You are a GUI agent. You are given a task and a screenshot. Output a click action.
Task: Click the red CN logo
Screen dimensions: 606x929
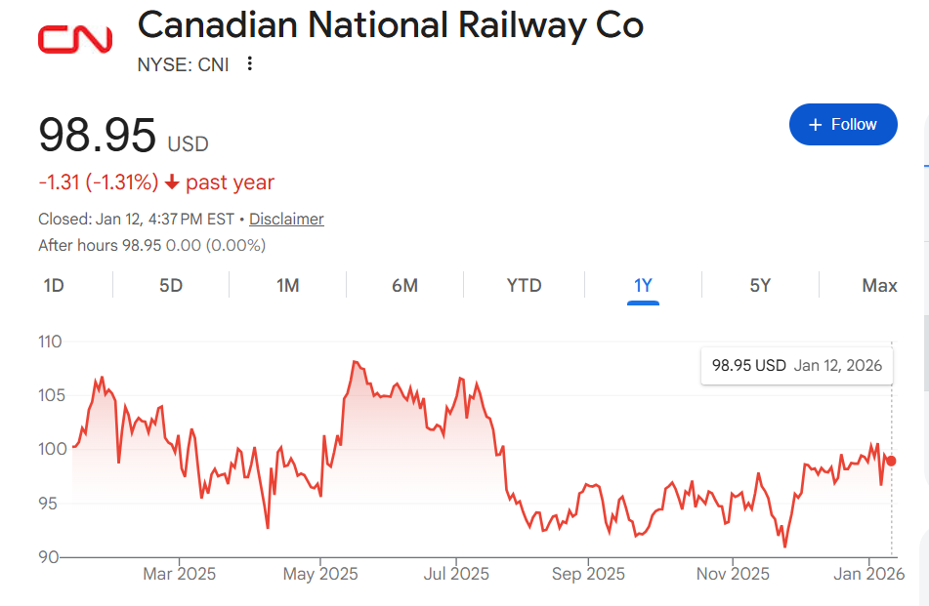click(x=75, y=39)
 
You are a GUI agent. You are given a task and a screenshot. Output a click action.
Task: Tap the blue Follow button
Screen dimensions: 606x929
click(x=843, y=124)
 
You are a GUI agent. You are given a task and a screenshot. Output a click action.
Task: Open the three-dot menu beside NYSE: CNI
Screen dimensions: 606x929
click(x=250, y=64)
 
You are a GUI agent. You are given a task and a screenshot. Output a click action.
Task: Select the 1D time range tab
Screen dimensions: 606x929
click(x=54, y=286)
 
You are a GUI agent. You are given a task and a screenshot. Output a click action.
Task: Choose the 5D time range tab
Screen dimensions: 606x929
click(x=171, y=286)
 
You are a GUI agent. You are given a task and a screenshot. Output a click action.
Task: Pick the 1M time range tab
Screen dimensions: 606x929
click(x=287, y=286)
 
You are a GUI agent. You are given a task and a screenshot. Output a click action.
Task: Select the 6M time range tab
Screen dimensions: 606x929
click(x=404, y=286)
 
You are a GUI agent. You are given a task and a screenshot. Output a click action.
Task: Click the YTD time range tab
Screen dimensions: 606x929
click(x=524, y=286)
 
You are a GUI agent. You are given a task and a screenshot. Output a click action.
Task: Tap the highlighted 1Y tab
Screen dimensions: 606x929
click(x=643, y=286)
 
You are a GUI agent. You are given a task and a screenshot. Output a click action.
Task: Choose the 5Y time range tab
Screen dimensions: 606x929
click(x=760, y=286)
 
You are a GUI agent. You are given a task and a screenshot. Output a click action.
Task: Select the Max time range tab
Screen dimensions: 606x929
click(x=879, y=286)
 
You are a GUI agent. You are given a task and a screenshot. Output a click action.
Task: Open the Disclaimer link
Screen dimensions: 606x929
click(x=286, y=220)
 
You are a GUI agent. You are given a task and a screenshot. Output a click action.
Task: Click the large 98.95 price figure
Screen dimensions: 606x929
click(x=98, y=135)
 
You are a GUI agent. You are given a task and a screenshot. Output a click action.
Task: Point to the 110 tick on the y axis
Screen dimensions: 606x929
click(x=50, y=342)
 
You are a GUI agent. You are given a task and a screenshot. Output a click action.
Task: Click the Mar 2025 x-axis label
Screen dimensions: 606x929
click(x=179, y=574)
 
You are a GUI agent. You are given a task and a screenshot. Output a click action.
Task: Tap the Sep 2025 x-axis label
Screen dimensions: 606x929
click(x=587, y=574)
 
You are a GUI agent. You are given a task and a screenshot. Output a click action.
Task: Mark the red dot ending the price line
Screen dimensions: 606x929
click(x=891, y=461)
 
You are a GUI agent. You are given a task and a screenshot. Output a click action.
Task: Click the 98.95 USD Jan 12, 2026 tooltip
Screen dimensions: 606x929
click(x=796, y=366)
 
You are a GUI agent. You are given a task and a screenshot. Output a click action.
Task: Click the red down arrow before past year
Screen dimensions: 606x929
click(x=172, y=182)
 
